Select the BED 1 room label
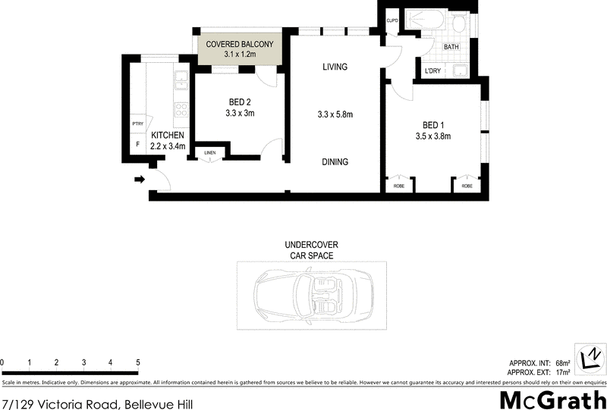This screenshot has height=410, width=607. coord(433,125)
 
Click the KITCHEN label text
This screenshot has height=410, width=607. coord(167,135)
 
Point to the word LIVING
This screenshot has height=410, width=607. coord(334,67)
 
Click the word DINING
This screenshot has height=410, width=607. coord(334,161)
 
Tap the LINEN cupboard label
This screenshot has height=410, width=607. coord(210,153)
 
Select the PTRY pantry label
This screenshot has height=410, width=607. coord(137,124)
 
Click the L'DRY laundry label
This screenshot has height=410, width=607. coord(433,71)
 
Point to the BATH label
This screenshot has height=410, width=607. coord(451,47)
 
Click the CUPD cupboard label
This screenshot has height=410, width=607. coord(392,20)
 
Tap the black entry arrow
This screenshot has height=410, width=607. coord(140,180)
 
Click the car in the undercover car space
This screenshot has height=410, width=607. coord(311,296)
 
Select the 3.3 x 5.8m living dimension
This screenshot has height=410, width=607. coord(335,115)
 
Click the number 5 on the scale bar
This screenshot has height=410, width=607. coord(138,363)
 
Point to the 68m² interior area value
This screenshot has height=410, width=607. coord(562,362)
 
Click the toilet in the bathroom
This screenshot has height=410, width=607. coord(458,23)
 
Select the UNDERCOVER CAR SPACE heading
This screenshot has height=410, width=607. coord(311,250)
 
